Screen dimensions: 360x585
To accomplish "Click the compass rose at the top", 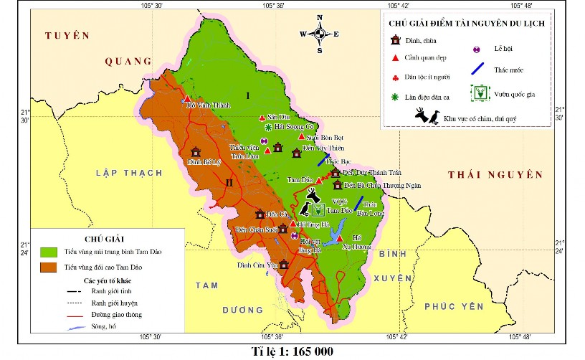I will pyautogui.click(x=320, y=33).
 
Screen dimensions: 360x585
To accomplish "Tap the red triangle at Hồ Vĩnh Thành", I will pyautogui.click(x=186, y=99).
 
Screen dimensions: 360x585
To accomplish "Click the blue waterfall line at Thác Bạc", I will pyautogui.click(x=324, y=159).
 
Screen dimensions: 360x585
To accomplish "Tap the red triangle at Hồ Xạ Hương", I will pyautogui.click(x=340, y=239).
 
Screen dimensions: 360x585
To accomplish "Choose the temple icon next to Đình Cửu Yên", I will pyautogui.click(x=284, y=265).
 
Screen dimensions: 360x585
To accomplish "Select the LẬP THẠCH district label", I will pyautogui.click(x=125, y=172).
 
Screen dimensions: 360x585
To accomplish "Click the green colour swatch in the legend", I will pyautogui.click(x=49, y=252).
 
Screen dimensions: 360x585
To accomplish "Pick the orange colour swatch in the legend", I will pyautogui.click(x=49, y=267).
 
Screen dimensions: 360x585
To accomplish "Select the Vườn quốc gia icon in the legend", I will pyautogui.click(x=480, y=93).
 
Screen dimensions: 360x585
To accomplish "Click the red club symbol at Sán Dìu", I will pyautogui.click(x=261, y=118).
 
